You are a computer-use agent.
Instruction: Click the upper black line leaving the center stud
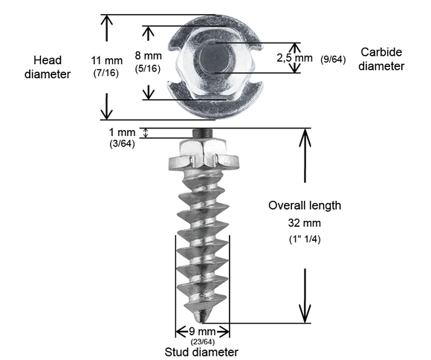230,46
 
